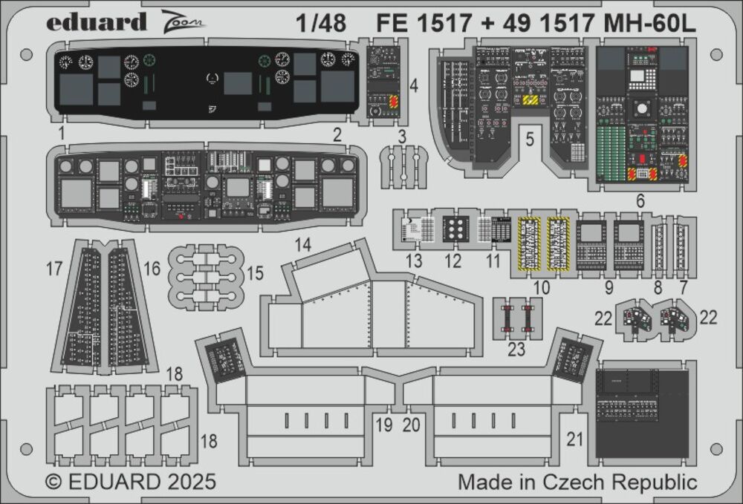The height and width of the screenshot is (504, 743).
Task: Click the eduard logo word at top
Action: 97,22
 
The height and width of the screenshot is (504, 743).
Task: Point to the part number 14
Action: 302,245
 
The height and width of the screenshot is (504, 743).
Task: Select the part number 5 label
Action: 529,138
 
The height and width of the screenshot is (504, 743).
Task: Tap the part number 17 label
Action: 54,268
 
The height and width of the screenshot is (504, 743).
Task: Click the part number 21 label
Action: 575,439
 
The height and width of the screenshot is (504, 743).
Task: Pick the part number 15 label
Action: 255,274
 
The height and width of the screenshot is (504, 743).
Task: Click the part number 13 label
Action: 414,261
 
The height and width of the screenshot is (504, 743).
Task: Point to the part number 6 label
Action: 640,200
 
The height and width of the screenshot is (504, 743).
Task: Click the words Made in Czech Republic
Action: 577,482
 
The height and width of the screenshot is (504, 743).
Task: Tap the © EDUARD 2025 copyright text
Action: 131,482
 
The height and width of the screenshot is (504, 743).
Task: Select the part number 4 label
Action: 413,86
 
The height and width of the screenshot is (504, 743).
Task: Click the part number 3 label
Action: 401,136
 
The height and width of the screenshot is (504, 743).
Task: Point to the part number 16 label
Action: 152,268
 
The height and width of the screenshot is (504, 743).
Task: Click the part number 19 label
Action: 383,425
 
